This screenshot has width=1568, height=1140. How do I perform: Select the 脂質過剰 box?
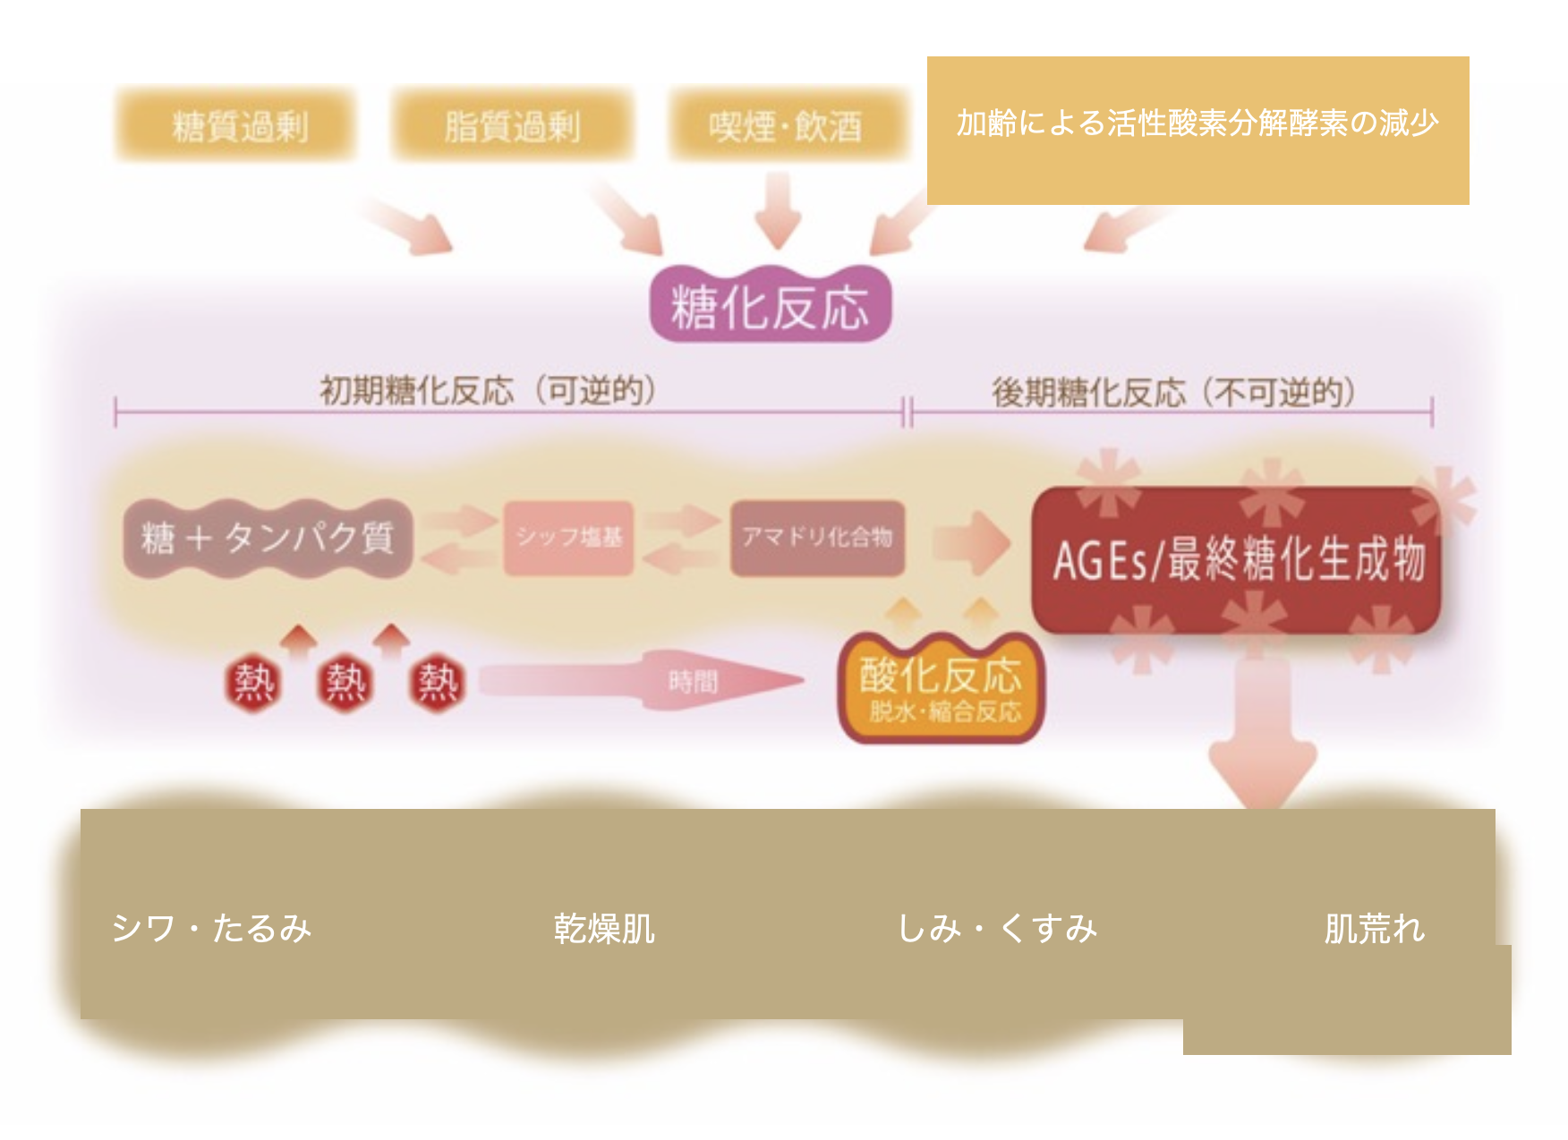click(513, 125)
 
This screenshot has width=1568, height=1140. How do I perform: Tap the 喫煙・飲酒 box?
click(786, 125)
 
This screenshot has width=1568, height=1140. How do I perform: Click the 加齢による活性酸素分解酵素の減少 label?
click(1197, 123)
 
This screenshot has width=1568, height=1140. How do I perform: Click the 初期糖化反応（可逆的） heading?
click(488, 391)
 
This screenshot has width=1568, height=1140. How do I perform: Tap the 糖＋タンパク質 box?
click(268, 538)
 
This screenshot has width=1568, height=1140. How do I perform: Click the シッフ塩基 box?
click(569, 537)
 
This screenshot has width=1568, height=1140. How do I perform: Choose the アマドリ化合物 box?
click(817, 537)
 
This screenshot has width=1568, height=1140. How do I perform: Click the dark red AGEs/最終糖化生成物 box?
click(1238, 560)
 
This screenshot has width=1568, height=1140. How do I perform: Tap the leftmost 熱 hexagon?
click(253, 684)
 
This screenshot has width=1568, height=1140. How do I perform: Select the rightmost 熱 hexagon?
click(438, 684)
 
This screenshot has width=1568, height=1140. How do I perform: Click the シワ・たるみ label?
click(211, 928)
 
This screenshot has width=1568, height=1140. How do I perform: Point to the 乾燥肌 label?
click(604, 928)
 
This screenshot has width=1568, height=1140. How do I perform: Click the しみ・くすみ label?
click(997, 928)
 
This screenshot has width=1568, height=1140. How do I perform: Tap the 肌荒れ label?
click(1374, 928)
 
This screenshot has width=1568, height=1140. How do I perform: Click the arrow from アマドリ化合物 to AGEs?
click(971, 541)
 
